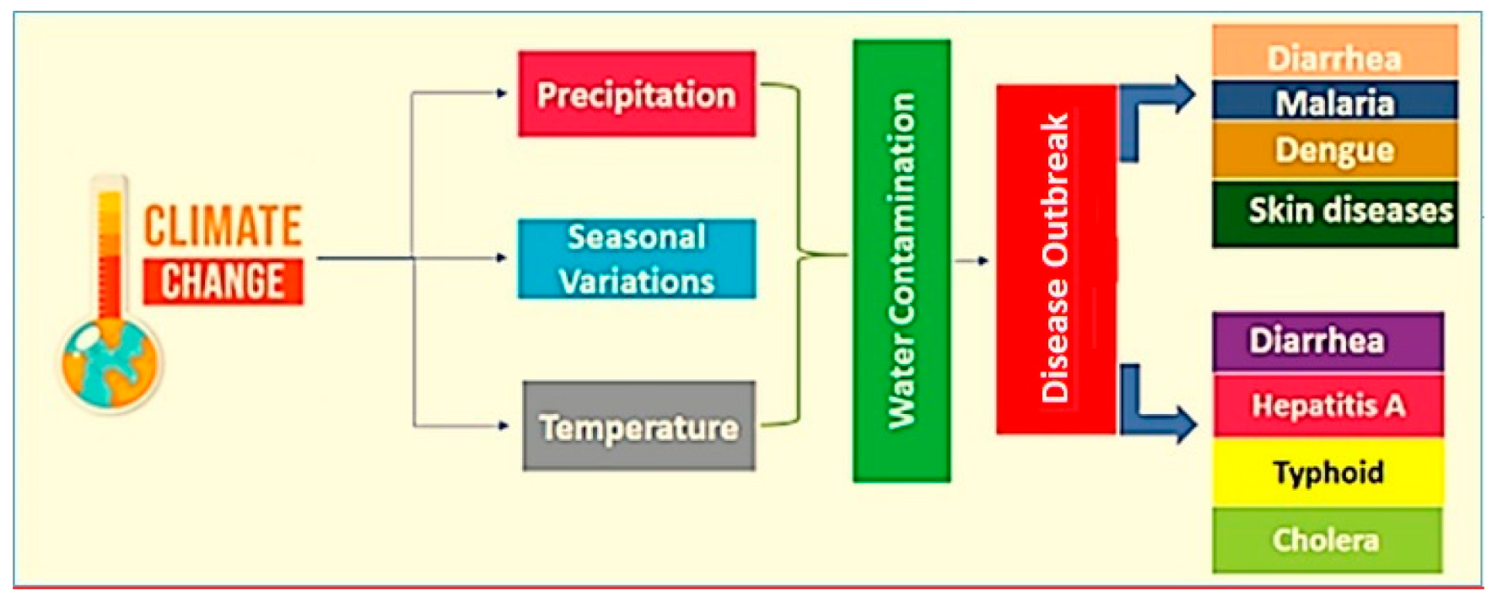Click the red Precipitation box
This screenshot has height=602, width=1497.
coord(637,94)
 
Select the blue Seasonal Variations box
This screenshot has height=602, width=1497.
coord(637,259)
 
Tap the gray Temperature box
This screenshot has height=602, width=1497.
coord(638,426)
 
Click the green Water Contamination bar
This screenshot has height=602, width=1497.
coord(902,261)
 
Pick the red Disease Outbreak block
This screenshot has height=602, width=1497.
coord(1056,259)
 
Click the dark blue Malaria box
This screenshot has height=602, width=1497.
coord(1334,101)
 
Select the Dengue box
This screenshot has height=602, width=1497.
coord(1334,150)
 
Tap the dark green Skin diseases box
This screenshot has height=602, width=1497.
coord(1334,213)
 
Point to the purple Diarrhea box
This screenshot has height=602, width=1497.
coord(1328,341)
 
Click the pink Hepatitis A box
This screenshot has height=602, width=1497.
coord(1328,406)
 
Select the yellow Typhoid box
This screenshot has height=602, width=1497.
coord(1328,472)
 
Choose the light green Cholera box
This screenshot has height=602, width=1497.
coord(1328,540)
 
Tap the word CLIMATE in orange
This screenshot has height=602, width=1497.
coord(223,226)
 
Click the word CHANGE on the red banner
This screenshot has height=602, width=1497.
coord(223,281)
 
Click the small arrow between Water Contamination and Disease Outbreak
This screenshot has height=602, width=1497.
coord(972,261)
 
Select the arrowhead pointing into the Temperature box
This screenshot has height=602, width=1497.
coord(503,426)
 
